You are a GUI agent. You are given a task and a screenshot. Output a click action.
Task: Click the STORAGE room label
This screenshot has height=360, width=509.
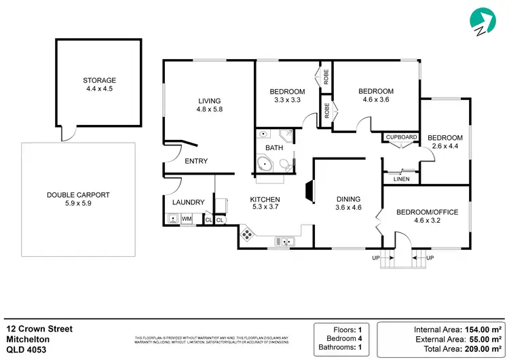pos(100,80)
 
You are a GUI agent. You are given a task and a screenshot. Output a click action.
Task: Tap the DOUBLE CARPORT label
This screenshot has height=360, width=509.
pos(78,195)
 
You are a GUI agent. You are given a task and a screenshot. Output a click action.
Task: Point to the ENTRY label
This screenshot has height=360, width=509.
pos(196,161)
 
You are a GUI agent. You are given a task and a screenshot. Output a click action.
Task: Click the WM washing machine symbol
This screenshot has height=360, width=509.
pos(186,219)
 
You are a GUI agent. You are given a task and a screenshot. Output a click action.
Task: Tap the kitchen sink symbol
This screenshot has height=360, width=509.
pos(284,241)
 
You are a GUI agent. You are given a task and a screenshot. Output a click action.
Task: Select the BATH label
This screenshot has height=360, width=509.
pos(274,147)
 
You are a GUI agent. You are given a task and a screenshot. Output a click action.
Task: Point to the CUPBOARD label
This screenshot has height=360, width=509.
pos(401,137)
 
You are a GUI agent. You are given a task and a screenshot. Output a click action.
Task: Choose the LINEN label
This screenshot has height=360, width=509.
pos(401,179)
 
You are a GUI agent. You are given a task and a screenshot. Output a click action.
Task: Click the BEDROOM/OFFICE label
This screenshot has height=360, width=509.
pos(427,212)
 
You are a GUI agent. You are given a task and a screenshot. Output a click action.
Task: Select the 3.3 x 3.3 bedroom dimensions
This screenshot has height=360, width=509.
pos(287,100)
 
